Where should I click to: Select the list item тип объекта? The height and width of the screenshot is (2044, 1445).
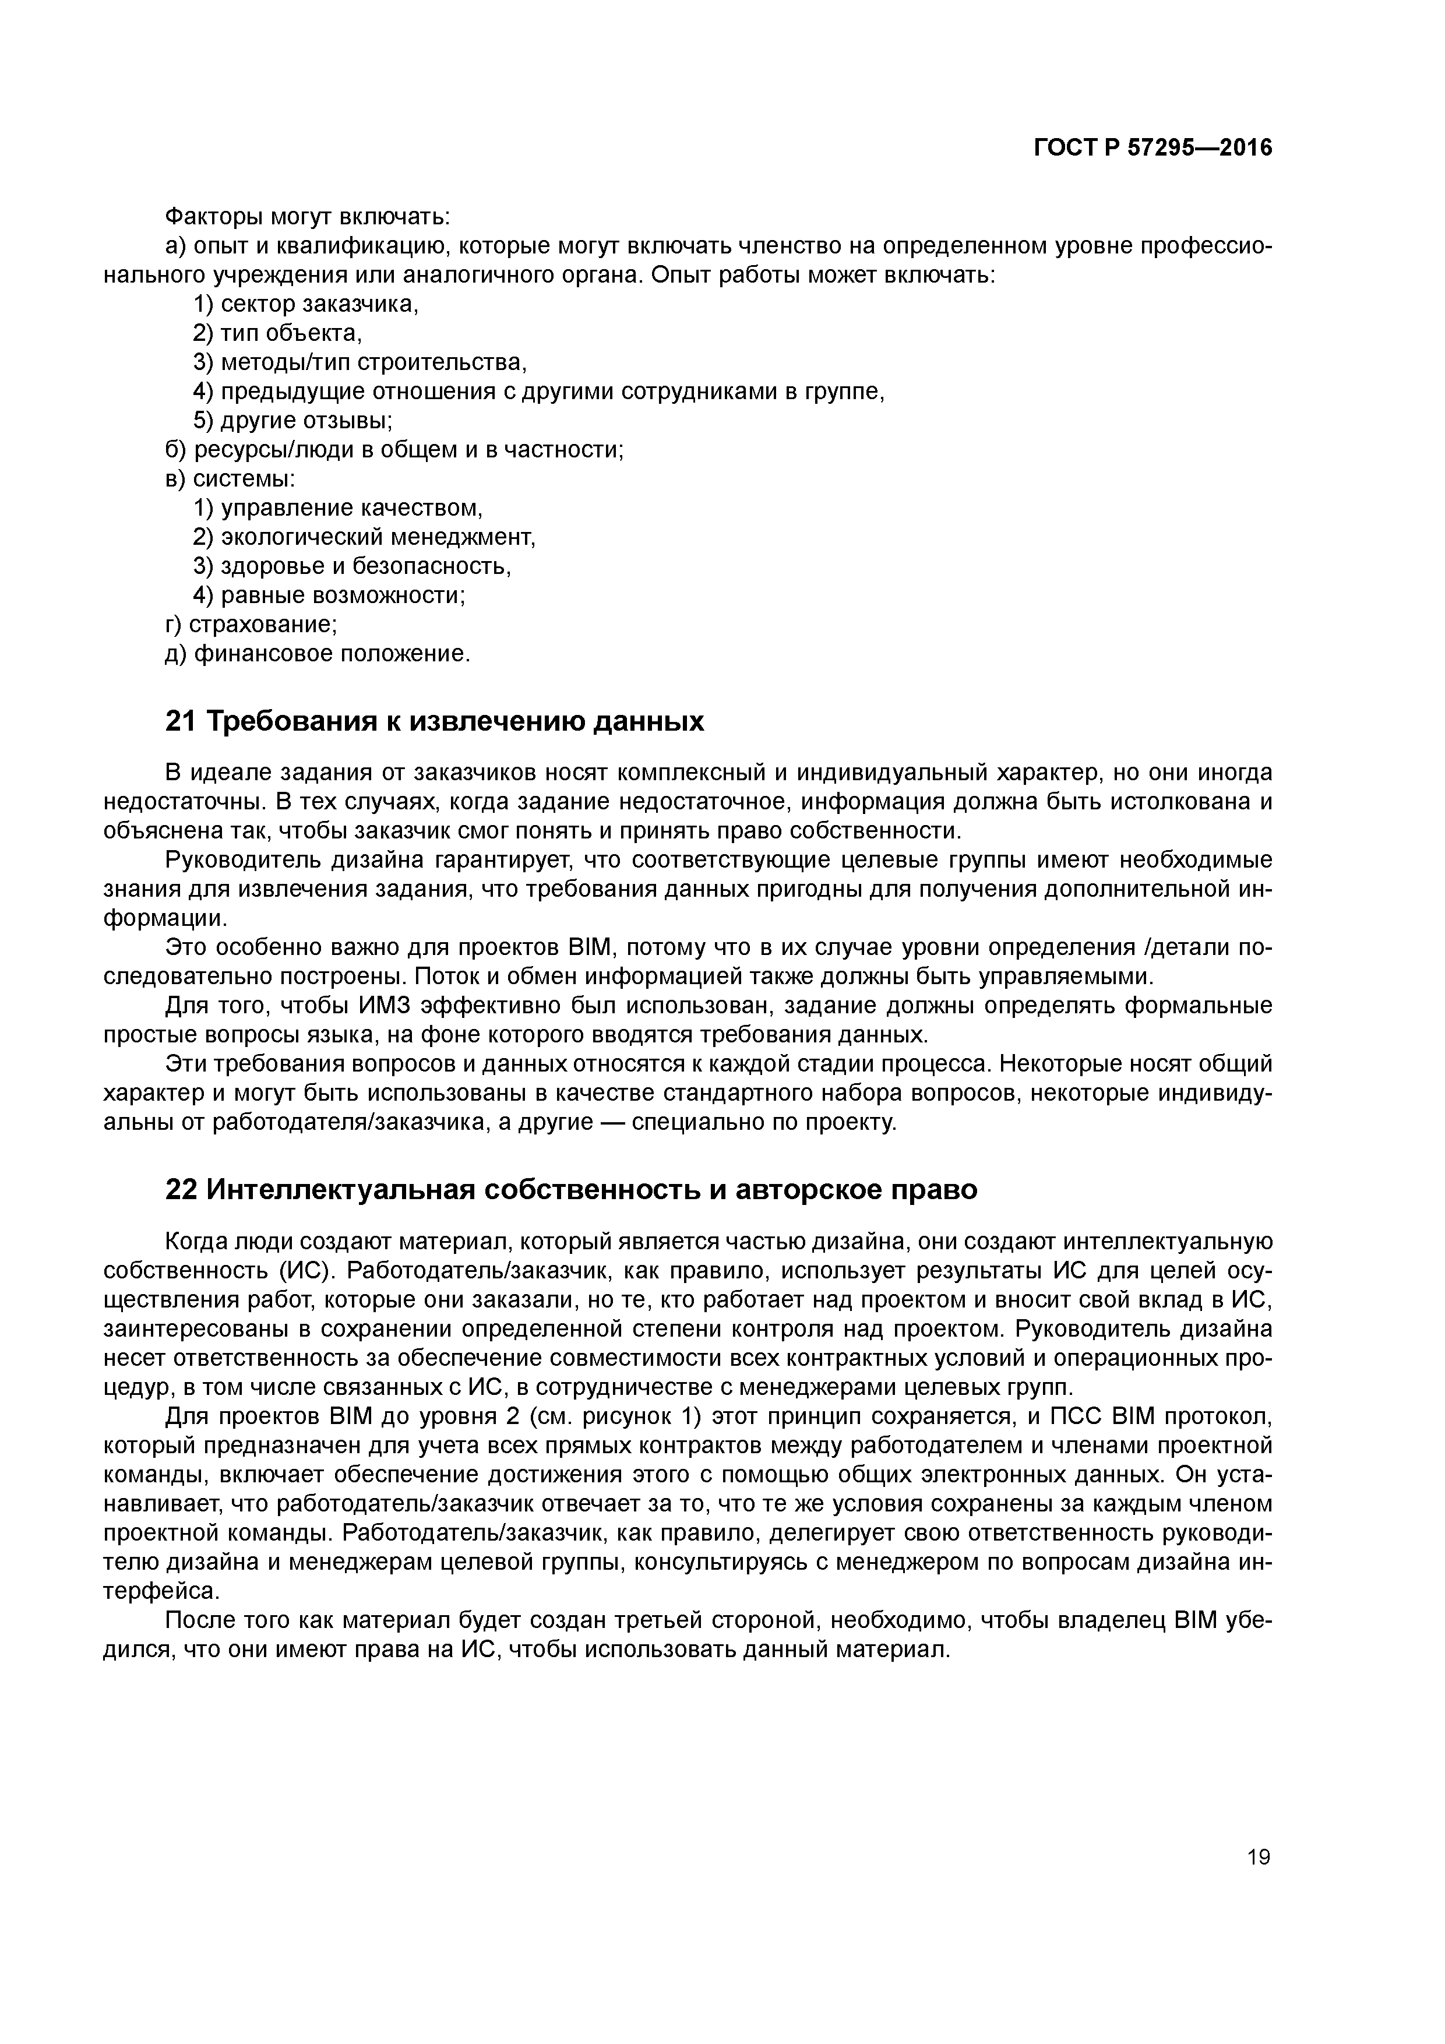pos(278,334)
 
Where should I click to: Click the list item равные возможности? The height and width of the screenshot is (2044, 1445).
pos(329,595)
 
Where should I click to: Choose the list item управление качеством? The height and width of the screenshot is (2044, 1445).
pos(339,508)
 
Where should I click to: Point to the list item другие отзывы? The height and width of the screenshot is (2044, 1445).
pos(294,421)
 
